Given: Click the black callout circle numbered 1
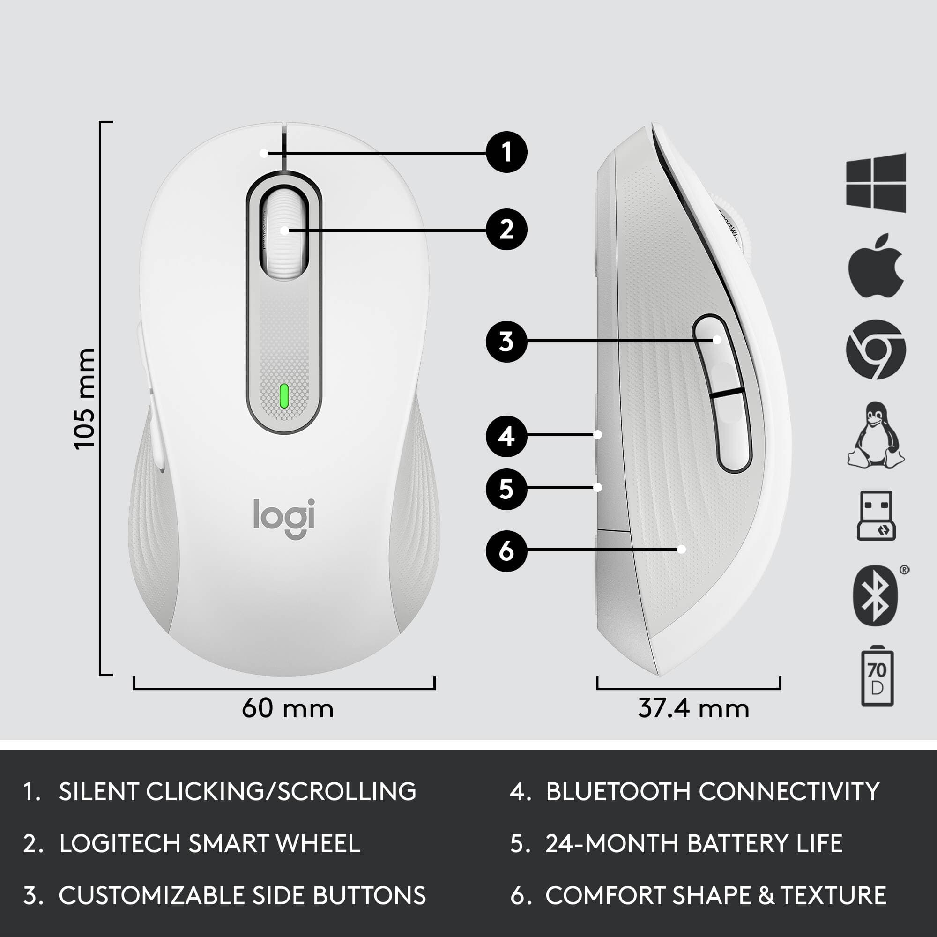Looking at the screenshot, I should click(506, 152).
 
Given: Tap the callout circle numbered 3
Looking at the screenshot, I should click(506, 342).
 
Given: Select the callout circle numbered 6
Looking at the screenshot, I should click(506, 551).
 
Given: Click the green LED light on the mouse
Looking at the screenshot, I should click(284, 396).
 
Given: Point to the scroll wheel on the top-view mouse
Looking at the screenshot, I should click(284, 232).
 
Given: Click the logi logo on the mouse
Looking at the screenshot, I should click(284, 518).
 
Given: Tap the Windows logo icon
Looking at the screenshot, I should click(876, 182).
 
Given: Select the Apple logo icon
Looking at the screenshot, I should click(876, 266).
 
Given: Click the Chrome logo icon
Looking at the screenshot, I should click(876, 350).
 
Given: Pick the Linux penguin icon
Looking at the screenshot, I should click(876, 436).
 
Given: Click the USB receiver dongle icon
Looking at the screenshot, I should click(876, 515).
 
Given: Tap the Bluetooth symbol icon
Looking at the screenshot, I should click(876, 595).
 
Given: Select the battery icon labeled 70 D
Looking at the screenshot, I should click(877, 677).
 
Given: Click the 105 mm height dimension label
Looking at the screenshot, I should click(85, 399).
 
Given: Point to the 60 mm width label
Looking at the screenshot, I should click(288, 708).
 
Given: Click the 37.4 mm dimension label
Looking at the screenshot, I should click(693, 708).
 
